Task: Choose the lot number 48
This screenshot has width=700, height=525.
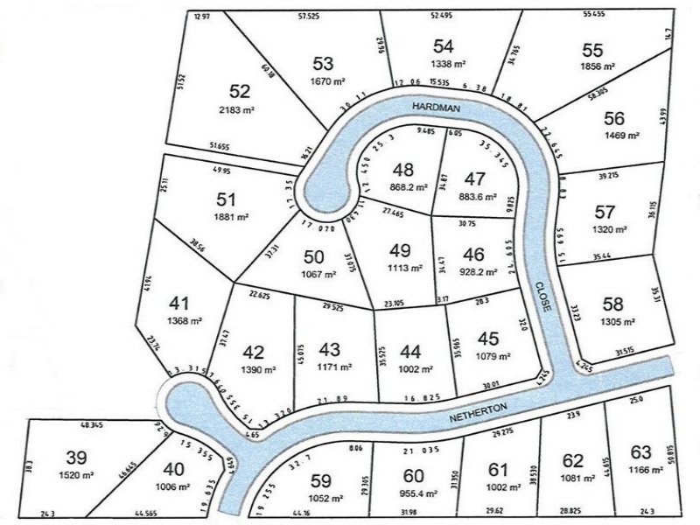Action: click(403, 171)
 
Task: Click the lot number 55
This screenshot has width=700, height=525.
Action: click(592, 50)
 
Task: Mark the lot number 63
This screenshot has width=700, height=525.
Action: click(640, 451)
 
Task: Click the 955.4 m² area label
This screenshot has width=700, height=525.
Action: click(415, 494)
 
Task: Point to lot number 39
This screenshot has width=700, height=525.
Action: click(77, 457)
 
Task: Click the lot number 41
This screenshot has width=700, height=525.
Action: click(178, 304)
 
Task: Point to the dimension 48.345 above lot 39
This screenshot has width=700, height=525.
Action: click(92, 424)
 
